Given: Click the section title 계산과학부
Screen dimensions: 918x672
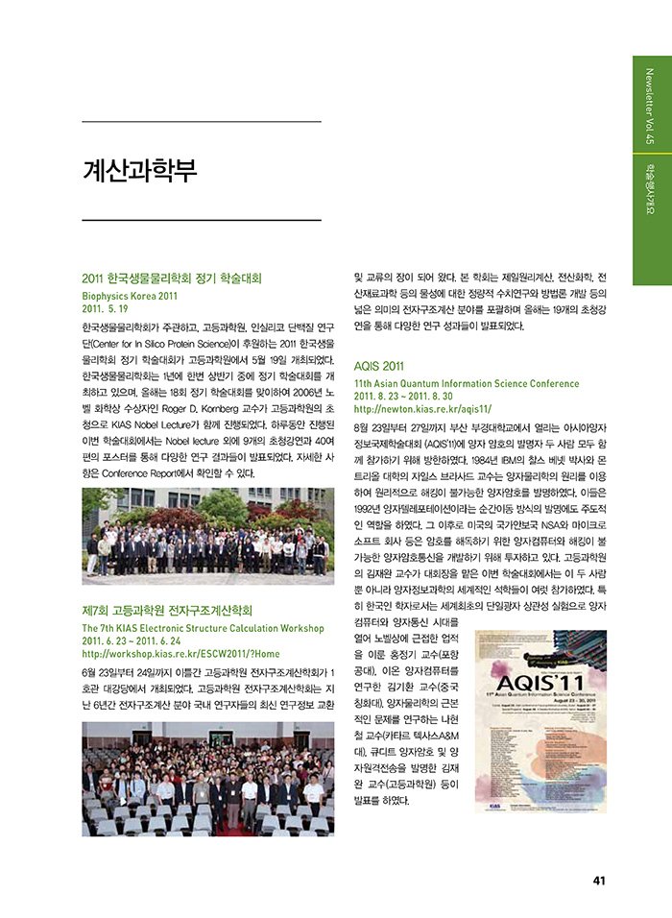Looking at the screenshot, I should pyautogui.click(x=139, y=172).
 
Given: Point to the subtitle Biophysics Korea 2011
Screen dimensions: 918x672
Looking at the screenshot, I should pyautogui.click(x=131, y=296).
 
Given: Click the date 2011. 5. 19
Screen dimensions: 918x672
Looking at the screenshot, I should pyautogui.click(x=106, y=309).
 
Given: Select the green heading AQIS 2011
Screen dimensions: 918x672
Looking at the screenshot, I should pyautogui.click(x=379, y=366).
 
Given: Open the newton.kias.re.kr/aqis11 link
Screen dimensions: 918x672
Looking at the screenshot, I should pyautogui.click(x=422, y=408).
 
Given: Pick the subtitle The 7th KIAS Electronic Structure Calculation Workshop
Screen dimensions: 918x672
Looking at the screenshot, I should pyautogui.click(x=204, y=627).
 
